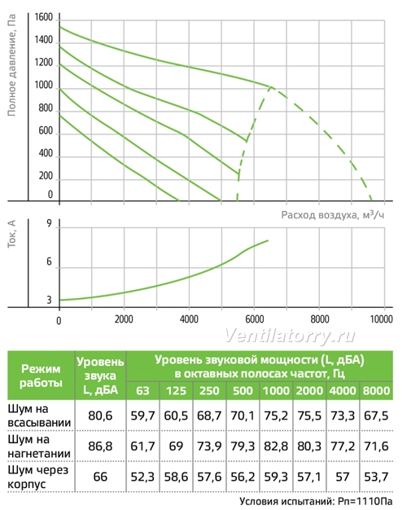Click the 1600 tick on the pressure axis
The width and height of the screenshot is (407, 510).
(44, 17)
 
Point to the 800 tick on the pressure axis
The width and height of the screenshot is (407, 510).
(46, 108)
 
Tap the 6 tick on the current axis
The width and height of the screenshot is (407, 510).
(49, 262)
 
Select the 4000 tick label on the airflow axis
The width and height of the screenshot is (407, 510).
(189, 319)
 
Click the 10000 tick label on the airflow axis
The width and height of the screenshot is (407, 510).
(381, 319)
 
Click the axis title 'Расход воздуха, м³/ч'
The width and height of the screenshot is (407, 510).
(333, 215)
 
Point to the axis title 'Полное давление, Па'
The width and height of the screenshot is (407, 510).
(11, 65)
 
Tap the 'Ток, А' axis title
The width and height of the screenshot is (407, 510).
(11, 234)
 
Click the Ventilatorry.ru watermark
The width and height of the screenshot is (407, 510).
(290, 336)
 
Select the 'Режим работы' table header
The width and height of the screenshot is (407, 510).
(41, 376)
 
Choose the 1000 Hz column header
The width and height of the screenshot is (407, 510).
(276, 390)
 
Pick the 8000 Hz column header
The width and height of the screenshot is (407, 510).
(376, 390)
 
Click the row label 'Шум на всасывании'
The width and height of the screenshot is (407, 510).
(39, 415)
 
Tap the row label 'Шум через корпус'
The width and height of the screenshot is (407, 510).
(37, 477)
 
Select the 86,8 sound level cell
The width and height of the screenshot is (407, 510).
(100, 446)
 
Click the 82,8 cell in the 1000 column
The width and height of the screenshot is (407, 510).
(276, 446)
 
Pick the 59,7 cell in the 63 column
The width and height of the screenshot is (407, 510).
(142, 415)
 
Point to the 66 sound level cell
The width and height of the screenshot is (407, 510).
(100, 477)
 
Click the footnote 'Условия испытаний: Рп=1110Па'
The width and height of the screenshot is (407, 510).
(316, 502)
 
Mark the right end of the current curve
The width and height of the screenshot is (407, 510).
(268, 240)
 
